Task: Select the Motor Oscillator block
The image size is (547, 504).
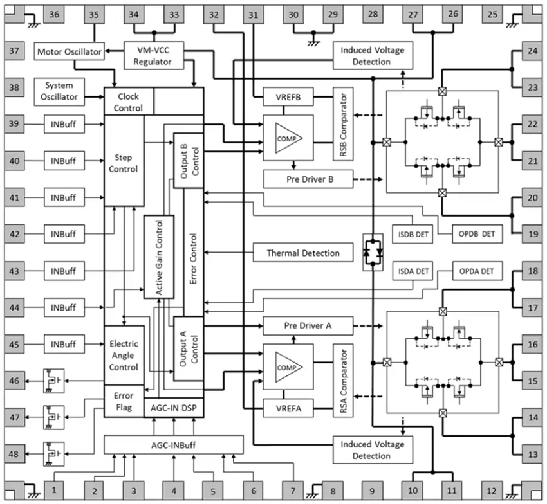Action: (x=70, y=51)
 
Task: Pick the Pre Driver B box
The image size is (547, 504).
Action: (x=308, y=179)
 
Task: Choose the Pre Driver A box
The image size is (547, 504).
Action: (x=308, y=326)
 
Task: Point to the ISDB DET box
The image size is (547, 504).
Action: (x=413, y=235)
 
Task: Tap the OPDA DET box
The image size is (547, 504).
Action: (x=477, y=271)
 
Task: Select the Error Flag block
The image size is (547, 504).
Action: (x=124, y=401)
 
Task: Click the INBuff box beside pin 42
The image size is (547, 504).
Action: (x=65, y=235)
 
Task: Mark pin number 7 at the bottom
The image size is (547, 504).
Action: (x=293, y=491)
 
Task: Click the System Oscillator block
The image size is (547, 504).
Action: (x=59, y=91)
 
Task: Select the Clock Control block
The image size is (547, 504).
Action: (x=128, y=102)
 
